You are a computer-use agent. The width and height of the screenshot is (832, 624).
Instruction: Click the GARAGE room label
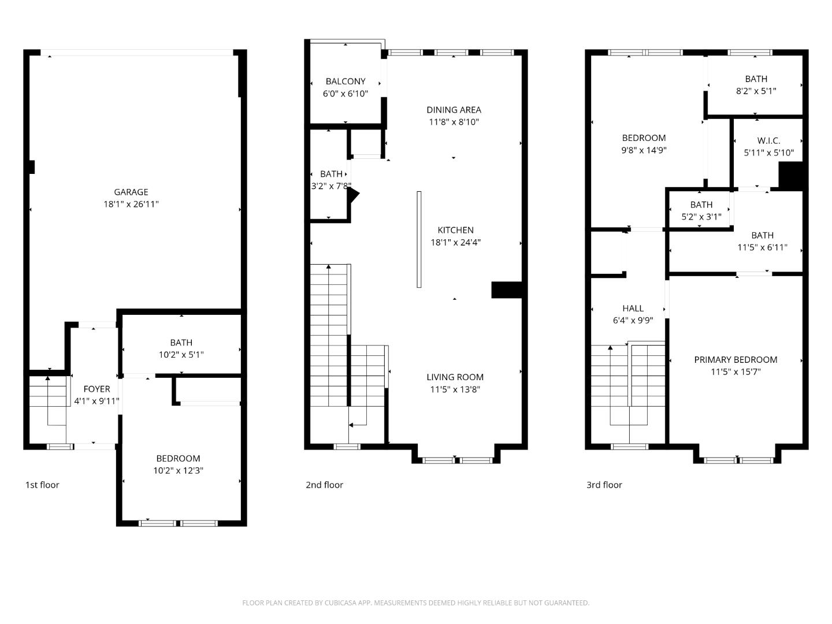pos(131,192)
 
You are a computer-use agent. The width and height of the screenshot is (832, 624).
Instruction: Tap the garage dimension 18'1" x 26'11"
pos(131,204)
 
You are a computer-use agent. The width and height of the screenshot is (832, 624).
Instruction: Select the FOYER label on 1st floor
pos(96,389)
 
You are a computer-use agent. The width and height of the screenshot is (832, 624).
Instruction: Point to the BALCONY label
pos(346,81)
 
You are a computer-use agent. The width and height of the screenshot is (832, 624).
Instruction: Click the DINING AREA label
pos(454,110)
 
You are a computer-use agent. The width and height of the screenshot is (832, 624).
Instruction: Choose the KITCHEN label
pos(455,230)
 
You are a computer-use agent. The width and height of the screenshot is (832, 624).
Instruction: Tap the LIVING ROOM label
pos(455,377)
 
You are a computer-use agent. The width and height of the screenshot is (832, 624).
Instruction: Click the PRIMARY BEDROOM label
pos(736,359)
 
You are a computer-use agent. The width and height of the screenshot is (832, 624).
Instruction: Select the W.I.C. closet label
pos(768,140)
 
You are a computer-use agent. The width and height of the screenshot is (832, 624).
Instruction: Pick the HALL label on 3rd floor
pos(633,308)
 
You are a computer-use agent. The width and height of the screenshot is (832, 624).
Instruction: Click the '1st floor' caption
pos(42,485)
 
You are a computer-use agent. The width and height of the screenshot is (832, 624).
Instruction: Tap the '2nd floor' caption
pos(324,485)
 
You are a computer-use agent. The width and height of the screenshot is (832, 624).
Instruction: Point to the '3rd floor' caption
pos(604,485)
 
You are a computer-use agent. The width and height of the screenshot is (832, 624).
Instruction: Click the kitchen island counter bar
pos(419,239)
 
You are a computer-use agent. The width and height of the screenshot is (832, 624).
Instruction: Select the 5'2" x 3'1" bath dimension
pos(701,217)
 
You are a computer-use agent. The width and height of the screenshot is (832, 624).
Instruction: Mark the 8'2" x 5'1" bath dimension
pos(756,91)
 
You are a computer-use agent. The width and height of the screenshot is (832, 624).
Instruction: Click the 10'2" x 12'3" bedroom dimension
pos(178,470)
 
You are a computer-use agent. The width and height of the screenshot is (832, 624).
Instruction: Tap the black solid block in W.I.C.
pos(791,176)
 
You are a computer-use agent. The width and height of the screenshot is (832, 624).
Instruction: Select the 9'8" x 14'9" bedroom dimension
pos(644,150)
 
